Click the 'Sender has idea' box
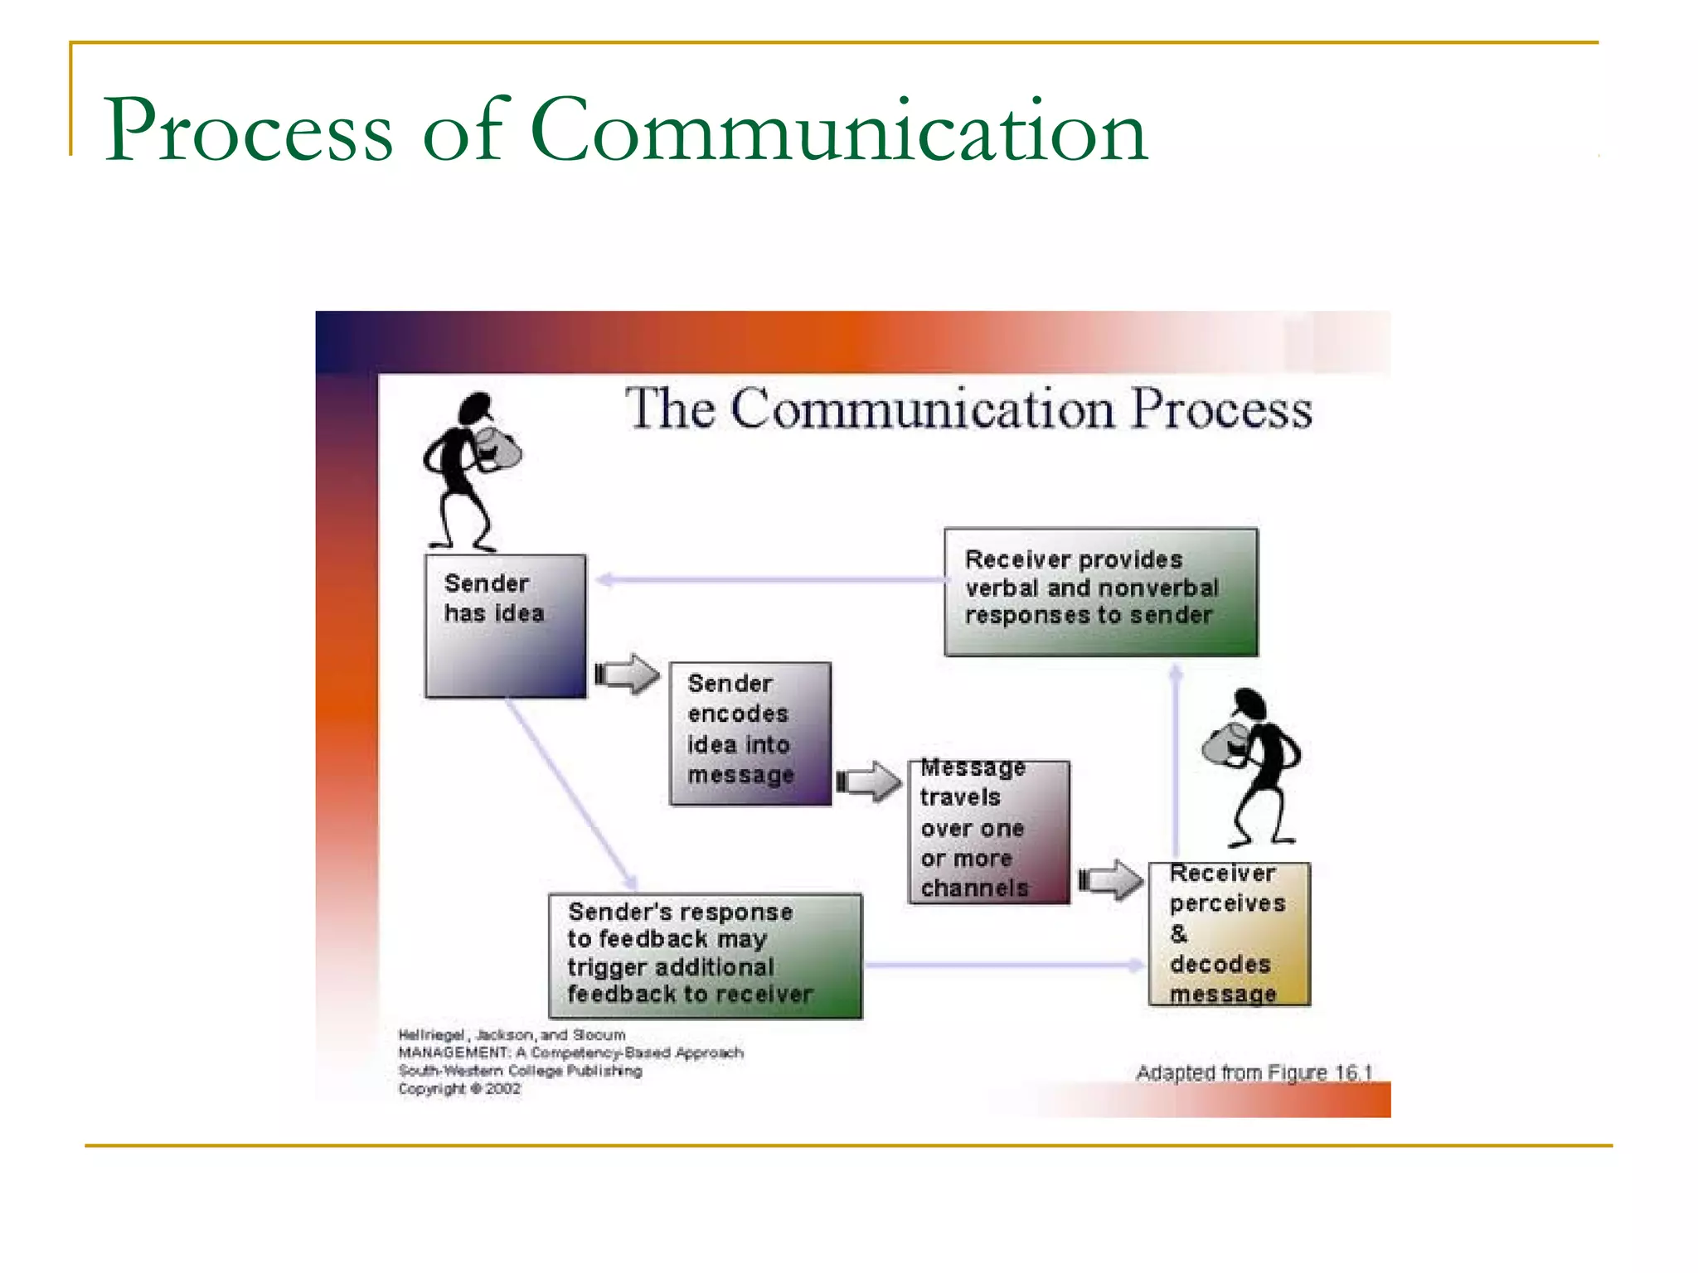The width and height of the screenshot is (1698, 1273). point(505,626)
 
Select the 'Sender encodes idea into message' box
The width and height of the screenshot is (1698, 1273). point(750,733)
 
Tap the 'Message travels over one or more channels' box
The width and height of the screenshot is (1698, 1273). point(988,831)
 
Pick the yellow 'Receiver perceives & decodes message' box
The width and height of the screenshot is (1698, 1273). point(1229,934)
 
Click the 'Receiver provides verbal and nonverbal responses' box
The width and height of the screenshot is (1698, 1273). point(1100,592)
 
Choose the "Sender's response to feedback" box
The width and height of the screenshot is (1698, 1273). point(705,955)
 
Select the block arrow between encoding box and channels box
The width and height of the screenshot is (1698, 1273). point(868,781)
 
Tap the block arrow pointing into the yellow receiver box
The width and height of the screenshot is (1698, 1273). point(1111,879)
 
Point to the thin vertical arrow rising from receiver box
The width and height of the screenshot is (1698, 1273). point(1175,762)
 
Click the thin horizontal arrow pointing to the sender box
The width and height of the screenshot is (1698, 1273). point(771,579)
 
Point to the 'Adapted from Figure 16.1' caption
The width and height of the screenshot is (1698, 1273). point(1254,1072)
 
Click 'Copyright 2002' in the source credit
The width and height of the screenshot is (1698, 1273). point(459,1089)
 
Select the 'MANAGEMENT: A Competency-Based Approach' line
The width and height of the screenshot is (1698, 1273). point(570,1053)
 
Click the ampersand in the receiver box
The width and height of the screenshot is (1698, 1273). point(1179,934)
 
